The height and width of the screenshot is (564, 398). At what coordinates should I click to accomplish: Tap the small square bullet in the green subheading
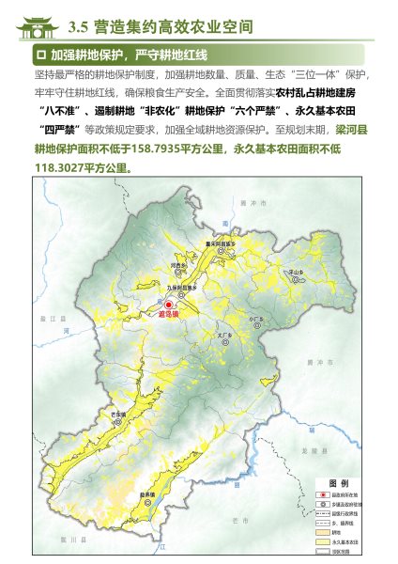[x=39, y=55]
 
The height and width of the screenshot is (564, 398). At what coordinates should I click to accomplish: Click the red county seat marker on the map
[x=169, y=305]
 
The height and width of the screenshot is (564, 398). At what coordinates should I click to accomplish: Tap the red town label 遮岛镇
[x=168, y=317]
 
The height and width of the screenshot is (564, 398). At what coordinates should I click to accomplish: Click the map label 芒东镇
[x=118, y=413]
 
